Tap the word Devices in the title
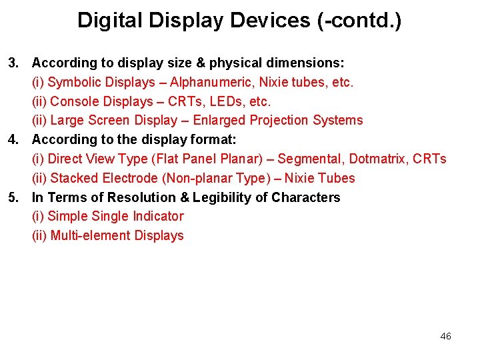tap(271, 21)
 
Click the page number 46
tap(446, 336)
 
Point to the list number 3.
tap(13, 63)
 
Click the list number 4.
tap(13, 140)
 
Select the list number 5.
tap(13, 198)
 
